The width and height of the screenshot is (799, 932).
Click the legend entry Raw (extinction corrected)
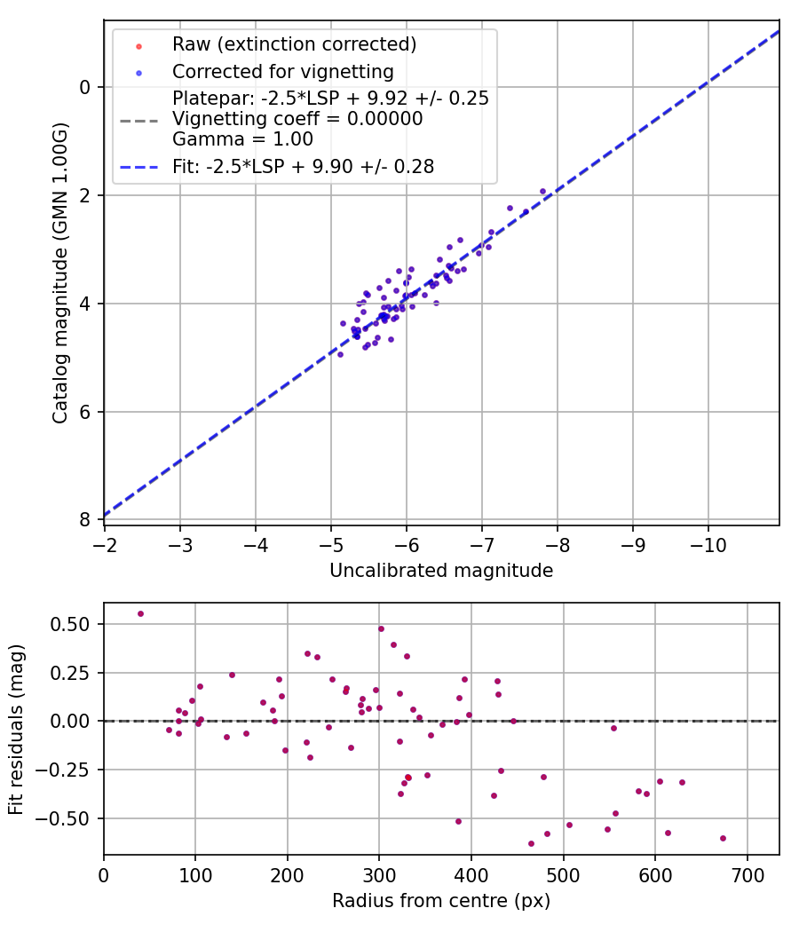click(294, 44)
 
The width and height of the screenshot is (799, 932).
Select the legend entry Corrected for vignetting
click(283, 71)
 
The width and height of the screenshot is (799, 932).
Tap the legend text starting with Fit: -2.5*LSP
click(304, 166)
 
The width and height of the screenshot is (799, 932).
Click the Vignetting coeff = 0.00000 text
click(297, 119)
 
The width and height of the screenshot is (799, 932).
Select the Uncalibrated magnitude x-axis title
click(441, 571)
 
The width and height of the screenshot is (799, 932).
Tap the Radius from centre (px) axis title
click(441, 901)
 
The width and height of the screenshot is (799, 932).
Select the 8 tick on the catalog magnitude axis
click(85, 519)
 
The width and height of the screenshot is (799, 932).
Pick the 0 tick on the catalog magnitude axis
click(85, 87)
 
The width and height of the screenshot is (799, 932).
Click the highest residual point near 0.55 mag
click(140, 613)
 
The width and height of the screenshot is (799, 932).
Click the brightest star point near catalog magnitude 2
click(542, 191)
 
